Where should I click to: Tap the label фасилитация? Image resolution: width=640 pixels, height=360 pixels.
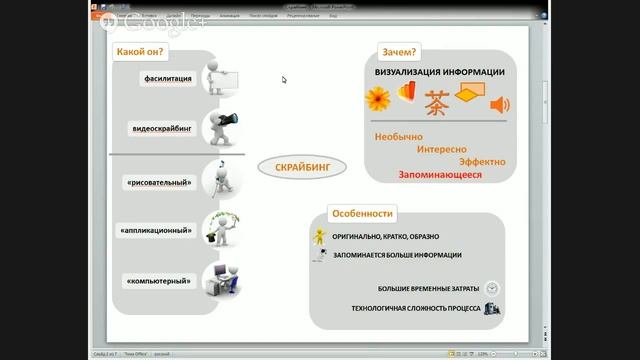coord(167,78)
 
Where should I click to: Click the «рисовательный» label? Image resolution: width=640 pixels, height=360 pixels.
coord(160,182)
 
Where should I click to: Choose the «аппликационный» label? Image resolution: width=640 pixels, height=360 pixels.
coord(157,230)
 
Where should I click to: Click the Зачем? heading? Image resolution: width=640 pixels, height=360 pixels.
coord(399,51)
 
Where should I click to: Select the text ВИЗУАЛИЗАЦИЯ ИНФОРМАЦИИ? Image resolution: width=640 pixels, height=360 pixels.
coord(439,72)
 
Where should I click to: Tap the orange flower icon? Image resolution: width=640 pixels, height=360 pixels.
coord(377,99)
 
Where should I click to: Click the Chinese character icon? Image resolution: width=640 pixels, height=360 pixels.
coord(437,102)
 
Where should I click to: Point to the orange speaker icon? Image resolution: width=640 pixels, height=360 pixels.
coord(499,105)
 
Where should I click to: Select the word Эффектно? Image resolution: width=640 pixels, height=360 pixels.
coord(482,161)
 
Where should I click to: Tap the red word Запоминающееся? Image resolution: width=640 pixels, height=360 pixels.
coord(439,174)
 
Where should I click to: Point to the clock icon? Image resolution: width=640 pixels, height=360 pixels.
coord(493,288)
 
